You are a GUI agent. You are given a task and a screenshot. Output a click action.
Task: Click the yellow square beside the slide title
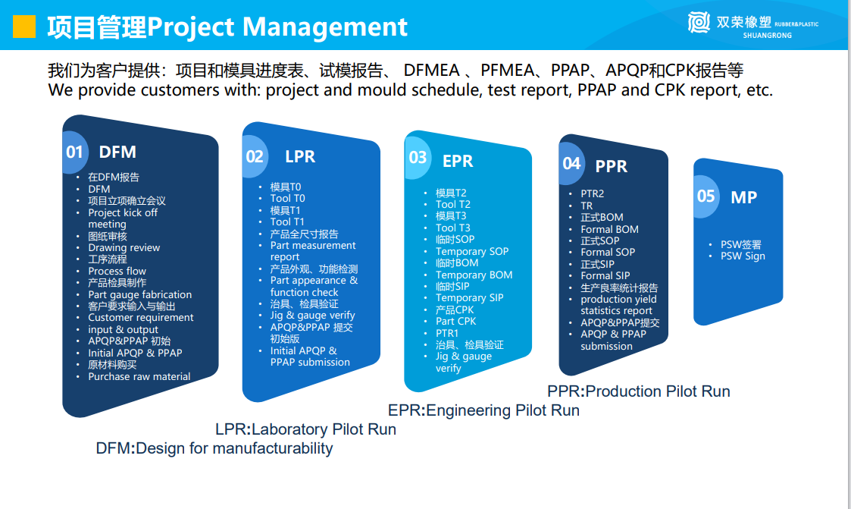(24, 26)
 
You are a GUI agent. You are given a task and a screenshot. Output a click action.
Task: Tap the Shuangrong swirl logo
(699, 22)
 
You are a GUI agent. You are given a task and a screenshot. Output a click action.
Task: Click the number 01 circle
(75, 152)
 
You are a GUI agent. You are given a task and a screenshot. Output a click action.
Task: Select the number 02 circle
(255, 157)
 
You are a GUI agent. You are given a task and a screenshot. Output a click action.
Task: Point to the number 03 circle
(418, 158)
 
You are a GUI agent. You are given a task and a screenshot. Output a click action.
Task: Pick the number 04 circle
(571, 164)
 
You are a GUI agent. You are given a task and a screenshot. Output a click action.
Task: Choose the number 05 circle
(706, 196)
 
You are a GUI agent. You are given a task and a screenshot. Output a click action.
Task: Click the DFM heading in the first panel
(117, 152)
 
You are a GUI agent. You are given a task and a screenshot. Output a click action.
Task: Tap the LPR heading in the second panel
(300, 156)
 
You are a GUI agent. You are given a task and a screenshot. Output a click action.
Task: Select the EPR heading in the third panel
(458, 161)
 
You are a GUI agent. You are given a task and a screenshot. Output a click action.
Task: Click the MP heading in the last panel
(743, 197)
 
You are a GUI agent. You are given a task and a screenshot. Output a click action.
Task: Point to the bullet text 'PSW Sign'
(743, 256)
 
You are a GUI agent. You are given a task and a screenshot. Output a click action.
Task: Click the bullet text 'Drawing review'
(124, 248)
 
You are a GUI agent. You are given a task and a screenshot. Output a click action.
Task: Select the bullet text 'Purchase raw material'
(139, 376)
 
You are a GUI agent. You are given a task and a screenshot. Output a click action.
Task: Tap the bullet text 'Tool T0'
(288, 198)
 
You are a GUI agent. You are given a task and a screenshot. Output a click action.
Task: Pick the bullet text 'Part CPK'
(456, 321)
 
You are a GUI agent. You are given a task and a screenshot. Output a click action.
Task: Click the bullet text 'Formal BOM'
(609, 229)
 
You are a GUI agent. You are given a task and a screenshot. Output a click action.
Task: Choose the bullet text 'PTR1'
(447, 333)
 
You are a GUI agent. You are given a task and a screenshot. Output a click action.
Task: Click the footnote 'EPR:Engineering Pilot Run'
(483, 410)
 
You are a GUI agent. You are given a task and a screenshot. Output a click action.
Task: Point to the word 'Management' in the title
(324, 27)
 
